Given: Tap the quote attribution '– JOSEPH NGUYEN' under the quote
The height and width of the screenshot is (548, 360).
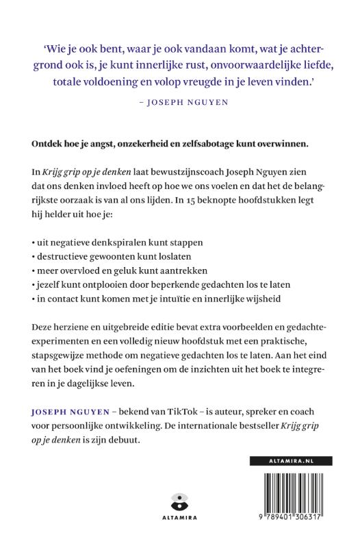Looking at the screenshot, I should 179,105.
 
